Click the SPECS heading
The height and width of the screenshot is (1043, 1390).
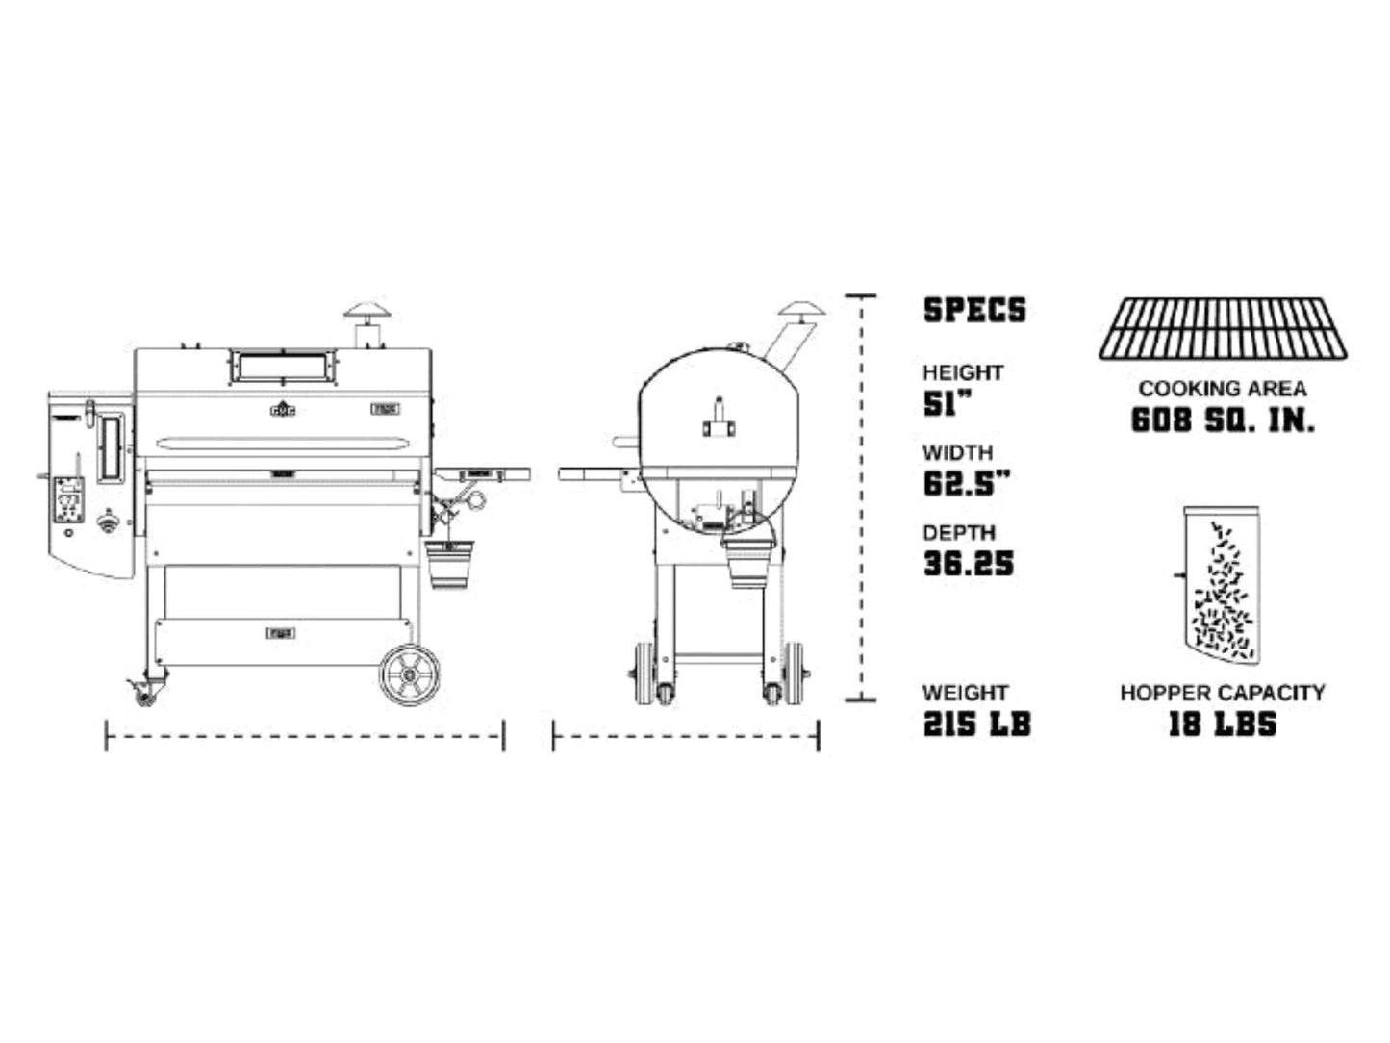tap(974, 310)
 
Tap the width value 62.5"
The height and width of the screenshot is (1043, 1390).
tap(967, 483)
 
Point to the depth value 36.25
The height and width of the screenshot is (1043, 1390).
tap(969, 564)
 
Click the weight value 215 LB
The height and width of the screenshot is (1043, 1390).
tap(976, 724)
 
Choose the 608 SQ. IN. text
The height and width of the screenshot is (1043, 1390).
tap(1222, 420)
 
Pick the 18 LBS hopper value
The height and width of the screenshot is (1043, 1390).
tap(1222, 724)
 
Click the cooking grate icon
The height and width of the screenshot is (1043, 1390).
tap(1223, 329)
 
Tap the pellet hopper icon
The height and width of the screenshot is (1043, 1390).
tap(1221, 583)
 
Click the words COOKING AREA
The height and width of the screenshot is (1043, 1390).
tap(1222, 389)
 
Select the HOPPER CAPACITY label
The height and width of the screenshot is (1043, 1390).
tap(1222, 692)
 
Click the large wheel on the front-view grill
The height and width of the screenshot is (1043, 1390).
tap(410, 674)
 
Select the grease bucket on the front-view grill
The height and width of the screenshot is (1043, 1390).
tap(449, 565)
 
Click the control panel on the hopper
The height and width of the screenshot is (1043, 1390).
tap(68, 498)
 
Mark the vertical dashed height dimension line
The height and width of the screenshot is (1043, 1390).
tap(860, 498)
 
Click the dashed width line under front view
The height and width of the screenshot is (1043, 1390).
tap(304, 738)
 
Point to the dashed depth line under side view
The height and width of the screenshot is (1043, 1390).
tap(686, 738)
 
